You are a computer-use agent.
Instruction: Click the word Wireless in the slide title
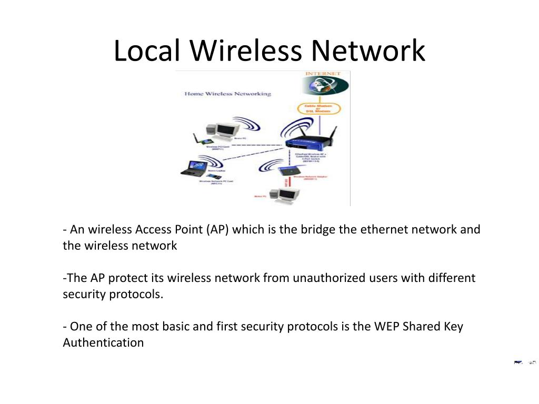(x=245, y=51)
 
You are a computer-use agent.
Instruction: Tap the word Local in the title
(x=147, y=51)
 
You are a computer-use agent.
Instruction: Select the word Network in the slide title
(x=367, y=51)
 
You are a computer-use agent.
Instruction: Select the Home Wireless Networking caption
(x=227, y=94)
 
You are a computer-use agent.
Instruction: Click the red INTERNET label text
(x=323, y=74)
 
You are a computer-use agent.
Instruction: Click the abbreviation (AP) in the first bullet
(x=217, y=230)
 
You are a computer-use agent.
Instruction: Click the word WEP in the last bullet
(x=387, y=326)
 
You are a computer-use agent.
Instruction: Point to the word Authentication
(x=103, y=342)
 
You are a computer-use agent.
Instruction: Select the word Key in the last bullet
(x=453, y=326)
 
